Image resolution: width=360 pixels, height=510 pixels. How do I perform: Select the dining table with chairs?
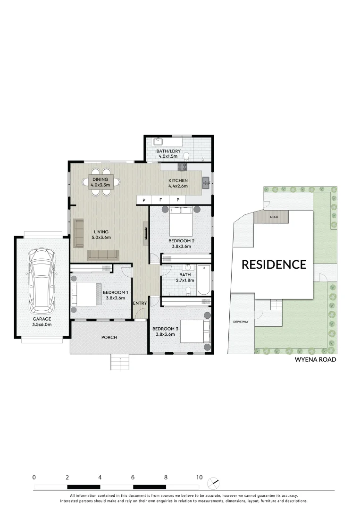point(100,181)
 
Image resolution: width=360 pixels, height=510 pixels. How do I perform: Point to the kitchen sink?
point(206,182)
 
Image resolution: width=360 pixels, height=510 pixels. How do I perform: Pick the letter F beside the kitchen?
point(160,200)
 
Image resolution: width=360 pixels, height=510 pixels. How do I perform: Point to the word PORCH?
point(109,337)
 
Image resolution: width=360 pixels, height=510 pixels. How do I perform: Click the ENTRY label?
point(140,303)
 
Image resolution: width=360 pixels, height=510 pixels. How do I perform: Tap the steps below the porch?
point(120,363)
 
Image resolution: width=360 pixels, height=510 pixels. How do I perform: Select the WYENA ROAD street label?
point(315,359)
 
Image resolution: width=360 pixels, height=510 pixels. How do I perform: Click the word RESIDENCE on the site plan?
point(274,264)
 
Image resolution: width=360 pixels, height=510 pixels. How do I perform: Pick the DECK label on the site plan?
point(274,217)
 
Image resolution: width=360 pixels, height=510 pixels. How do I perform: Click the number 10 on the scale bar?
point(199,477)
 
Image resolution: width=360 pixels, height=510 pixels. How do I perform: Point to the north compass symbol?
point(213,483)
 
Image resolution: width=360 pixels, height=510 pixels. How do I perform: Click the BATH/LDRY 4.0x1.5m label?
point(168,153)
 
